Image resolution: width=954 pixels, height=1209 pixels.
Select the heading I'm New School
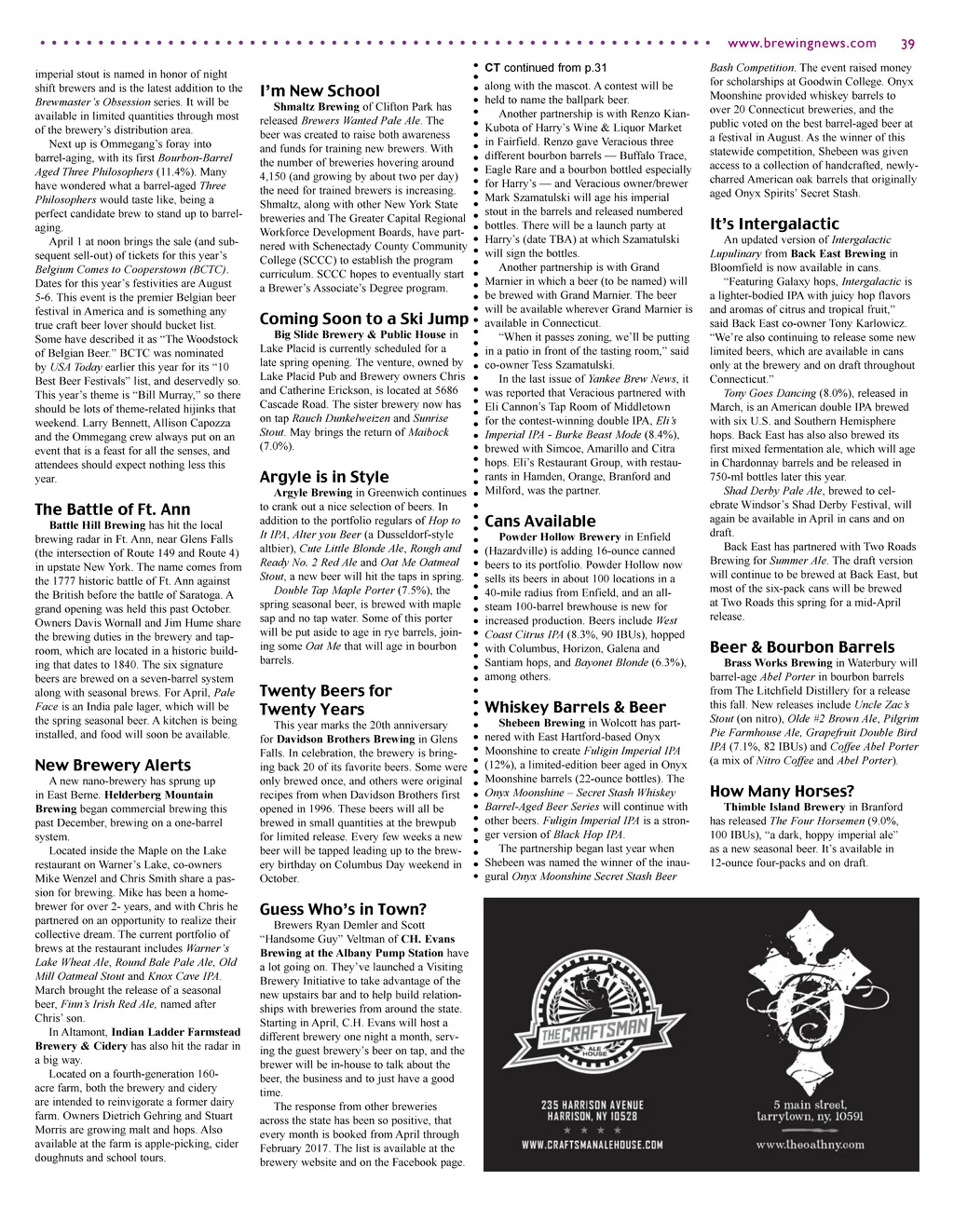click(x=320, y=90)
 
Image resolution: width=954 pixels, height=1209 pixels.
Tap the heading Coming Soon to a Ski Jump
click(x=363, y=319)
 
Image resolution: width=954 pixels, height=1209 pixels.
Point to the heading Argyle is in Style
click(x=323, y=478)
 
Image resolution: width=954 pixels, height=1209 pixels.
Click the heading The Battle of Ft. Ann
click(x=112, y=509)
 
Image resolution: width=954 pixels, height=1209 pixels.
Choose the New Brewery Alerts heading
click(x=112, y=766)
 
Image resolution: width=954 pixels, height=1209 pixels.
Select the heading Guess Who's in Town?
click(x=343, y=909)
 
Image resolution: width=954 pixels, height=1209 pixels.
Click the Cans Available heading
click(x=539, y=522)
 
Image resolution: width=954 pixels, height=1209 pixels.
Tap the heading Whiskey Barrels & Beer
click(x=575, y=708)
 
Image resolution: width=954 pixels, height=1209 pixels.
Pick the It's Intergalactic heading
click(x=774, y=224)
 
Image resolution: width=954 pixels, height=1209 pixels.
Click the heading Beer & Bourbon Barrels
click(x=802, y=647)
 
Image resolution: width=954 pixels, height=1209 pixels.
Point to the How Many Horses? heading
click(x=782, y=792)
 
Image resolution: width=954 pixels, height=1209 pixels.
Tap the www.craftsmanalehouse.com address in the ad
click(x=593, y=1145)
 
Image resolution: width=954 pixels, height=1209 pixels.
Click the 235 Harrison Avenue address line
click(x=593, y=1105)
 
